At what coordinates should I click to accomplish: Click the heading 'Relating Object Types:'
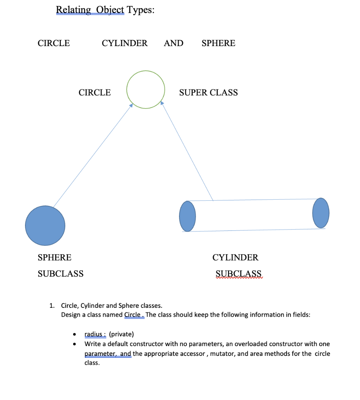(105, 9)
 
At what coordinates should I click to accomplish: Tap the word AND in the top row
(174, 43)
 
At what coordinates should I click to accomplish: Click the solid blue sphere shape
(45, 225)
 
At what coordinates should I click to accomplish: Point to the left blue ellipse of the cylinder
(187, 216)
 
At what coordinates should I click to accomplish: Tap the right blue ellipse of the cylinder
(321, 213)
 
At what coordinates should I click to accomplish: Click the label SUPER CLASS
(208, 93)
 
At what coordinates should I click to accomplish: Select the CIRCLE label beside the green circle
(95, 93)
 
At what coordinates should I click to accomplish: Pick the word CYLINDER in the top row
(125, 43)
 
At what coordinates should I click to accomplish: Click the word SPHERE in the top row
(218, 43)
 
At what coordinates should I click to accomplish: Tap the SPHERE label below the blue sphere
(54, 257)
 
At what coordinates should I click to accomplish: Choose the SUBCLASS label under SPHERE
(61, 273)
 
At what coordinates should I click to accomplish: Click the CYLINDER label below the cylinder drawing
(235, 257)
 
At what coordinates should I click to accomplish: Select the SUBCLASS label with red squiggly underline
(238, 273)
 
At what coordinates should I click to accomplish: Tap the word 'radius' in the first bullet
(94, 334)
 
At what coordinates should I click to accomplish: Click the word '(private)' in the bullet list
(121, 334)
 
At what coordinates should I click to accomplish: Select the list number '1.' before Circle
(52, 305)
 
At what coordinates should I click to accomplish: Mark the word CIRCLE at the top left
(54, 43)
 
